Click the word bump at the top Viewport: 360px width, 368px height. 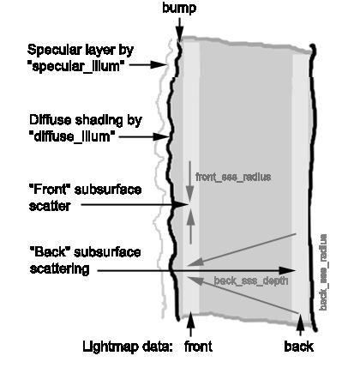pos(179,8)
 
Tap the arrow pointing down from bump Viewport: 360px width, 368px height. pos(179,30)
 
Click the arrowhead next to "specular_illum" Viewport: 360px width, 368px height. pos(159,65)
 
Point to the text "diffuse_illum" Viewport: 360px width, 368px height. pos(72,136)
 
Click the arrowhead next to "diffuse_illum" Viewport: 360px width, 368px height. pos(161,137)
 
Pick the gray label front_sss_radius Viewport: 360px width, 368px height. pos(233,177)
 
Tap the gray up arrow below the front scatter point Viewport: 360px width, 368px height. pos(190,226)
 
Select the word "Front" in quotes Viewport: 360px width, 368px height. pos(50,190)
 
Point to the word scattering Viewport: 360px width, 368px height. pos(59,269)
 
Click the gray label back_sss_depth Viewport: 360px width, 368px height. pos(250,281)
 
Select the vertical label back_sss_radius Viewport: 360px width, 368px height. pos(323,272)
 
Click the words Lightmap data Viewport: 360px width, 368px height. pos(128,347)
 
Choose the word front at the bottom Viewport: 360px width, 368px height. pos(198,347)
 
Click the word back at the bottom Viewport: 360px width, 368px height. pos(299,347)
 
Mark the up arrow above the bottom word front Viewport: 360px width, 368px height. pos(190,324)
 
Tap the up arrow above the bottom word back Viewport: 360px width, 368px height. pos(300,324)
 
